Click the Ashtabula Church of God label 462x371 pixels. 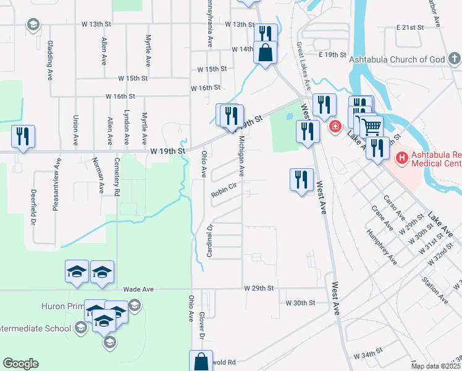click(x=397, y=59)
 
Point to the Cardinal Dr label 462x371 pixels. click(x=209, y=241)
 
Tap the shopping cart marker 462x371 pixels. click(x=371, y=127)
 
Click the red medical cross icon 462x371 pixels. click(x=335, y=127)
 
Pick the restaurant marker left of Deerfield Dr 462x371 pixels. click(x=23, y=136)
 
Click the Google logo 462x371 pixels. click(x=20, y=364)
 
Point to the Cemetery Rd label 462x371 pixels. click(x=116, y=176)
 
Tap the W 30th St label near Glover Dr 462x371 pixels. click(x=301, y=303)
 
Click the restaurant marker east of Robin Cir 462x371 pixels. click(x=301, y=180)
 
